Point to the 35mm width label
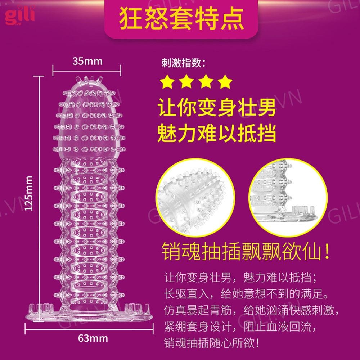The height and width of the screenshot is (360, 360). pos(87,61)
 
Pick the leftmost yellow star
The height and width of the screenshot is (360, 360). pos(167,82)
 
